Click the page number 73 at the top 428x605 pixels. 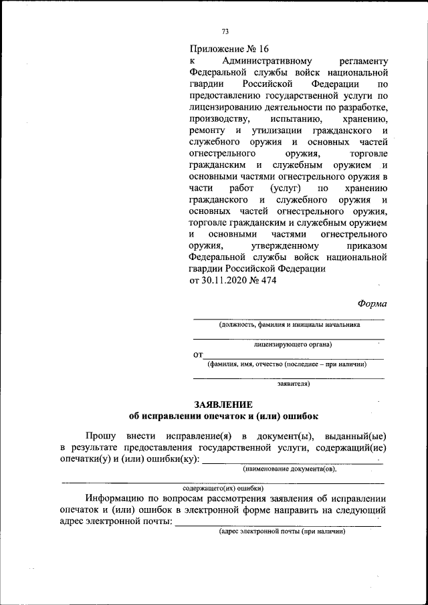(x=225, y=31)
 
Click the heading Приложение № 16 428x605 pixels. (x=229, y=49)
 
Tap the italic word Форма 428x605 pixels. (x=372, y=304)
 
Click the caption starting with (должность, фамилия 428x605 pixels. (x=289, y=325)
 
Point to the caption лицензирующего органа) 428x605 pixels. (x=293, y=345)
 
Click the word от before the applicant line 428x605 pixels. (x=197, y=355)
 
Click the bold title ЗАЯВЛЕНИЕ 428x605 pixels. (x=223, y=404)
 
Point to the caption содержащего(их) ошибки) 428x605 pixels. (x=223, y=489)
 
